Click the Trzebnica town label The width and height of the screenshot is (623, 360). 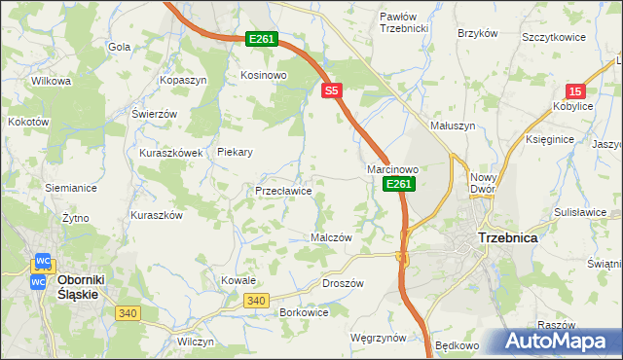[x=508, y=236]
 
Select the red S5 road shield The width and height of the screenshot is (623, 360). [x=332, y=90]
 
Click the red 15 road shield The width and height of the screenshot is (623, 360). [x=575, y=89]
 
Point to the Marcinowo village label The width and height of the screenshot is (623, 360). [x=392, y=169]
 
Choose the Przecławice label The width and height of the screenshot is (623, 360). [x=283, y=192]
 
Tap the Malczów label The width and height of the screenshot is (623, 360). [x=330, y=237]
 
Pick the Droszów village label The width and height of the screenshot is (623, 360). [x=342, y=283]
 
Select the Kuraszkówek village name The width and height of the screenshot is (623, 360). [x=170, y=153]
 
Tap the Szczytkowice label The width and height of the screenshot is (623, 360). [x=553, y=36]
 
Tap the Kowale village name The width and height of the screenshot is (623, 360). [x=238, y=280]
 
